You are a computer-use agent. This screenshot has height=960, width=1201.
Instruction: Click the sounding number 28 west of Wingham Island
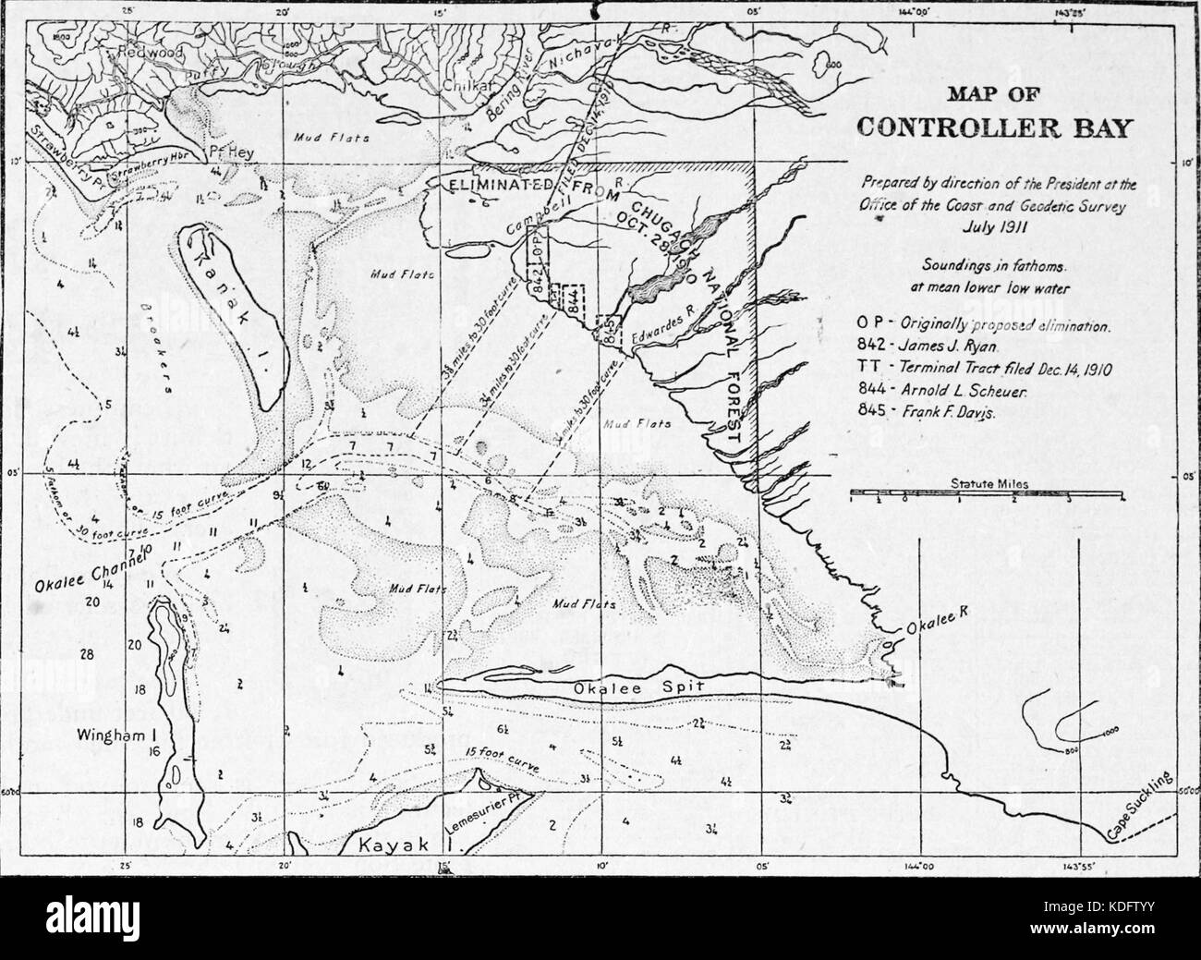click(88, 654)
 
